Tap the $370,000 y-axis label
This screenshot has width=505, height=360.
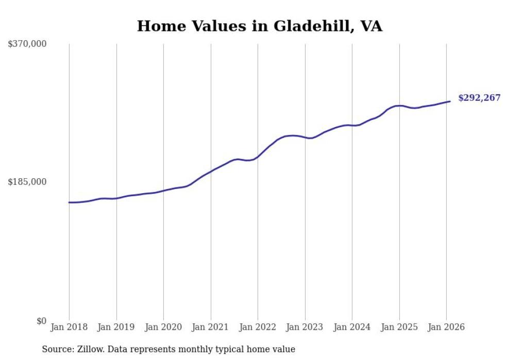tap(27, 44)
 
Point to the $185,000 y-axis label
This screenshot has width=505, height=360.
tap(27, 182)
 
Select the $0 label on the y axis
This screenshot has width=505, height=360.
tap(41, 321)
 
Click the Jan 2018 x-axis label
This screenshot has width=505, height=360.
tap(69, 328)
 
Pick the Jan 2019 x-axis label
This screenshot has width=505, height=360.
tap(116, 328)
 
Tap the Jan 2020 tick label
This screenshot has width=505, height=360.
tap(163, 328)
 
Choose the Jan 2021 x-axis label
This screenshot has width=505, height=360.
tap(211, 328)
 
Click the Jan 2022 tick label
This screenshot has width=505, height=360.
tap(258, 328)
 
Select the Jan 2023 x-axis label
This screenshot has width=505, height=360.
tap(305, 328)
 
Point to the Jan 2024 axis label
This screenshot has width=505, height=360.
tap(352, 328)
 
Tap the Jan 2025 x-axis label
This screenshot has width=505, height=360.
tap(399, 328)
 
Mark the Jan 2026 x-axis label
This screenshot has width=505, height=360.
tap(446, 328)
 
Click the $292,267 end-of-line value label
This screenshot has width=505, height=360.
tap(479, 98)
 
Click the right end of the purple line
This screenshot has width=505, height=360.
tap(450, 101)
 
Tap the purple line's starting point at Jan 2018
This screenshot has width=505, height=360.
tap(69, 202)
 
